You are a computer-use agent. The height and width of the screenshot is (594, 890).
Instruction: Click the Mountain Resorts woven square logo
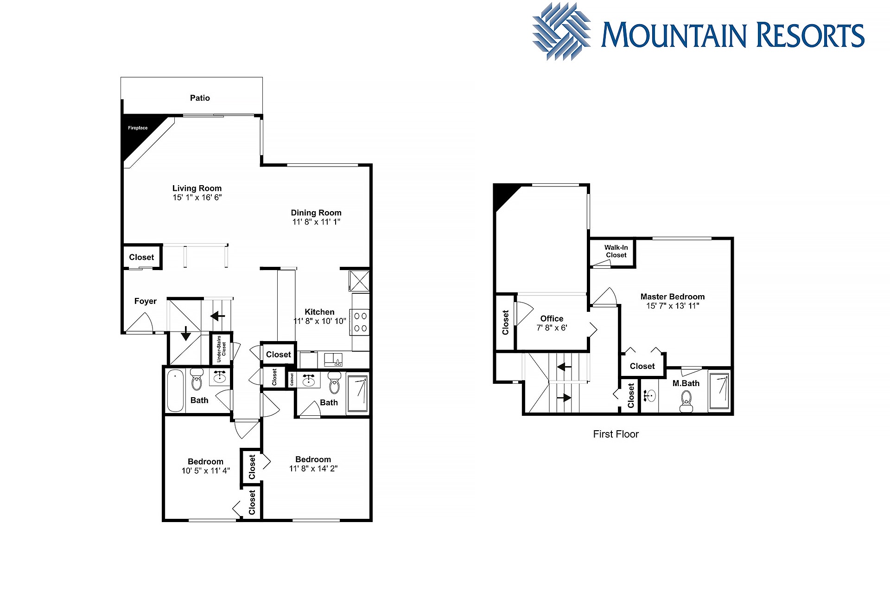[x=562, y=32]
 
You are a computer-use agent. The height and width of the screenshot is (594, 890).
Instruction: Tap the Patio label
[x=200, y=98]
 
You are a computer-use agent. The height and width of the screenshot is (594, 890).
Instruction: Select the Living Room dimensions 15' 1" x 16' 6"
[x=197, y=198]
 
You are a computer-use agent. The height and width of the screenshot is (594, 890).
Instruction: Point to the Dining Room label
[x=316, y=213]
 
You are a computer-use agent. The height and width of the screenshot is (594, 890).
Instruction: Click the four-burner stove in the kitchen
[x=360, y=322]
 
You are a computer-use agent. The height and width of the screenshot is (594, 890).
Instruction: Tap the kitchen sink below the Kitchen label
[x=333, y=359]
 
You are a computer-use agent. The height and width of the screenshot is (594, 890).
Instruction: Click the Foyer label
[x=146, y=301]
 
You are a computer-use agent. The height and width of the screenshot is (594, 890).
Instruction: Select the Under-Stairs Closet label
[x=221, y=349]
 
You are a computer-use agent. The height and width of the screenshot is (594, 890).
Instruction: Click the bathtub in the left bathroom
[x=175, y=390]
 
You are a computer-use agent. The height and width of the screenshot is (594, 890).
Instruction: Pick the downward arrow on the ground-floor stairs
[x=185, y=333]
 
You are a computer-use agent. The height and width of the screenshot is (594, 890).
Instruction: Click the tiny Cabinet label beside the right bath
[x=292, y=380]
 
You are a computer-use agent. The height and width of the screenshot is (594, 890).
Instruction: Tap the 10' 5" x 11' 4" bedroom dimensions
[x=206, y=471]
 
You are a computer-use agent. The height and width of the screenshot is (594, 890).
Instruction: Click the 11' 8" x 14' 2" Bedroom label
[x=313, y=459]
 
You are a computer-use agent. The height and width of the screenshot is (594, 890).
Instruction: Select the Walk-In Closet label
[x=616, y=251]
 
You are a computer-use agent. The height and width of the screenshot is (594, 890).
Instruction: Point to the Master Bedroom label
[x=673, y=297]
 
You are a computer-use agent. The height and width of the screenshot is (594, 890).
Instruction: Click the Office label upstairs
[x=552, y=318]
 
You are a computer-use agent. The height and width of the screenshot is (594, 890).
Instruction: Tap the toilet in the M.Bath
[x=686, y=401]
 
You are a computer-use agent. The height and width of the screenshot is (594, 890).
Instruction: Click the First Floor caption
[x=616, y=434]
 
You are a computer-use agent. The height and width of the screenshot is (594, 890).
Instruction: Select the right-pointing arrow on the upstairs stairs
[x=564, y=398]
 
